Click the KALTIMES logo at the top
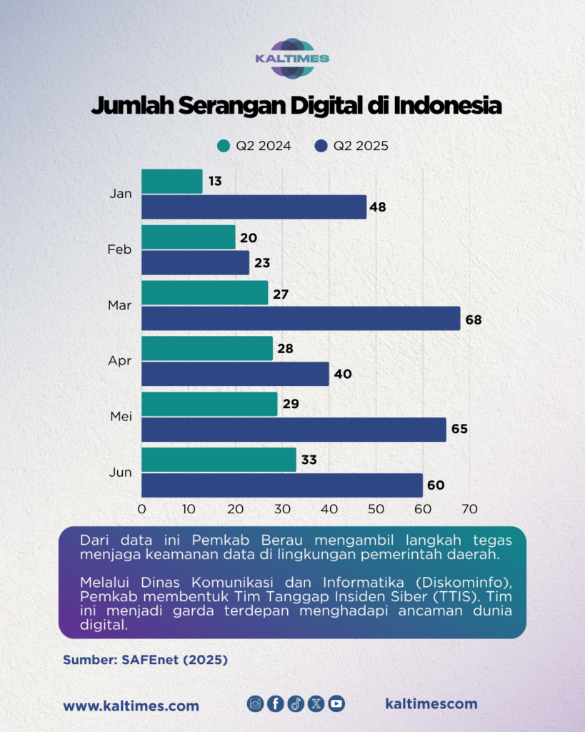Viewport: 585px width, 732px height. pos(292,59)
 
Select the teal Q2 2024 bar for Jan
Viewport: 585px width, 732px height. pos(172,182)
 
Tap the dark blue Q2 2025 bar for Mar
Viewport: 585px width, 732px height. pos(301,318)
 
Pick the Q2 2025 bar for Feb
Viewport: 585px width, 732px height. pos(195,263)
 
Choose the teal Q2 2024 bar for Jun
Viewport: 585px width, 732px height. pos(219,460)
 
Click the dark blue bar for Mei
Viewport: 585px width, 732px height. pos(294,430)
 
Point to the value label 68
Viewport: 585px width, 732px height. pos(474,320)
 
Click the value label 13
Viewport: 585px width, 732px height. pos(214,182)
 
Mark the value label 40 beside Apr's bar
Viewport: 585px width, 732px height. pos(344,374)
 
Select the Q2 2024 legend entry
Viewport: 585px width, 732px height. pos(254,146)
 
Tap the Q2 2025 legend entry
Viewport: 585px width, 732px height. pos(351,146)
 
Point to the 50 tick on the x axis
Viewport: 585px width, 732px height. pos(376,509)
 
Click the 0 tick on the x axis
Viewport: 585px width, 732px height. pos(141,509)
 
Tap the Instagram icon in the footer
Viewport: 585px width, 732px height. pos(255,703)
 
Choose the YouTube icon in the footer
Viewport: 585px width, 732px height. pos(336,703)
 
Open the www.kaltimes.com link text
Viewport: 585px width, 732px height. pos(131,706)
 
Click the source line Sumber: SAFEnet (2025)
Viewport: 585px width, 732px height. pos(145,660)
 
